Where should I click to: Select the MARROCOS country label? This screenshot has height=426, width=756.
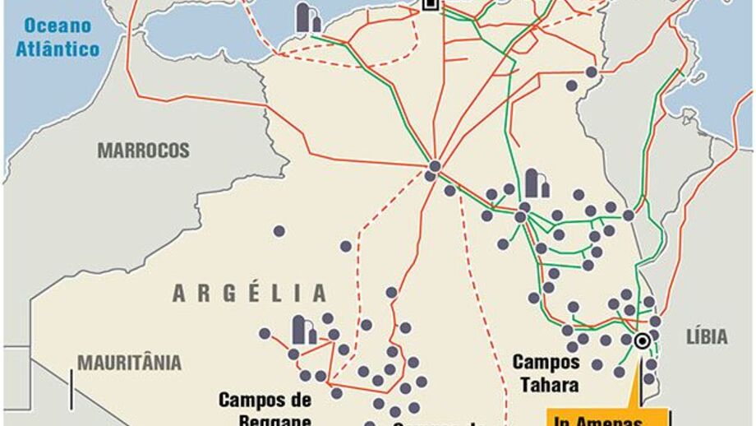pos(143,151)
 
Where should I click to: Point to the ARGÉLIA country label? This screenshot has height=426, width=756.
pos(250,293)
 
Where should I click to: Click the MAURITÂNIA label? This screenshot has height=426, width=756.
pos(129,363)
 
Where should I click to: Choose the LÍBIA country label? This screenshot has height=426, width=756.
pos(707,336)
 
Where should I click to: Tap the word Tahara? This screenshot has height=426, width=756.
pos(546,384)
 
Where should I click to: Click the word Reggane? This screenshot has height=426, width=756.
pos(265,419)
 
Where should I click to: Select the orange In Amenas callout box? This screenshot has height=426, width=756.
pos(597,419)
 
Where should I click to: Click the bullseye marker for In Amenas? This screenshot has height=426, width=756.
pos(641,340)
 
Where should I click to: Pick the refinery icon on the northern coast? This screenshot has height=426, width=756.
pos(308,18)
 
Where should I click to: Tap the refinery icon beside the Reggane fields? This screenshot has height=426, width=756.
pos(304,330)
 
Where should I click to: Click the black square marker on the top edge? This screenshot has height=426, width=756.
pos(429,4)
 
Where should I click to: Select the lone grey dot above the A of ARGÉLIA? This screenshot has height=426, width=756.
pos(279,231)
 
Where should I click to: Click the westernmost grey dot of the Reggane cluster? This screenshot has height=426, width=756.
pos(265,333)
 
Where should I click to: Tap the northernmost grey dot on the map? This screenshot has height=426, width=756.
pos(591,72)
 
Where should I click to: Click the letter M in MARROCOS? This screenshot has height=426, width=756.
pos(104,151)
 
